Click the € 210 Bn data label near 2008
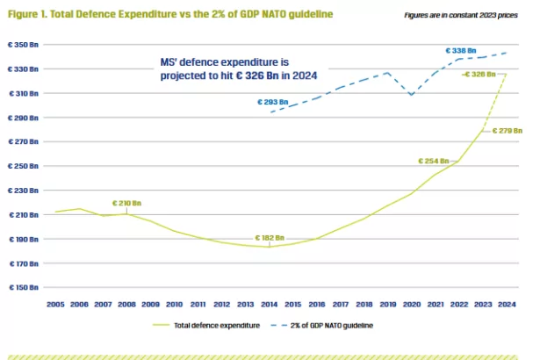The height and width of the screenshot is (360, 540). [126, 204]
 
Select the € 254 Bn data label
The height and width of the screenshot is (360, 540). [433, 161]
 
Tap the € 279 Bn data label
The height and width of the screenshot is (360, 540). [508, 130]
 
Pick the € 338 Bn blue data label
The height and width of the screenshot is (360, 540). [460, 50]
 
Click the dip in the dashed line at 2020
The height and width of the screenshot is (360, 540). [411, 94]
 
